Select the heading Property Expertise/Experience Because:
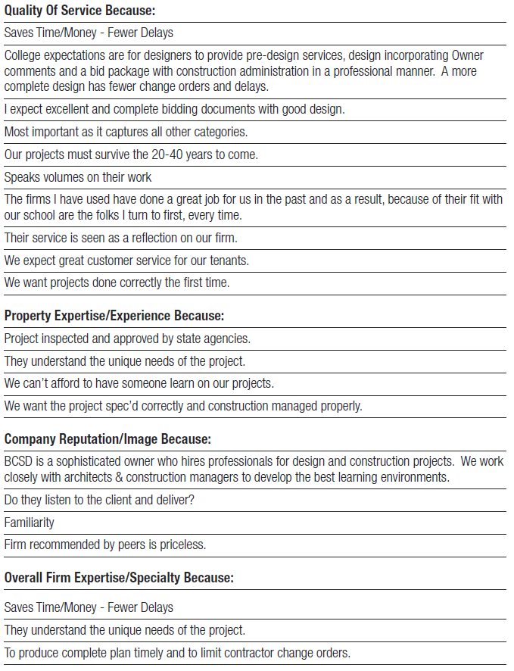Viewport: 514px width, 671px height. tap(114, 315)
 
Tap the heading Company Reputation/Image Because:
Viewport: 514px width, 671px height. tap(107, 439)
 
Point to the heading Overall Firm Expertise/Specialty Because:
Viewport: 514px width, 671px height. tap(119, 578)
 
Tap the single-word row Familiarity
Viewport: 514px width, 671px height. tap(30, 523)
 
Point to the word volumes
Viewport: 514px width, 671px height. tap(61, 178)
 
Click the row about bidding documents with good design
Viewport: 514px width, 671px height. tap(174, 110)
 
